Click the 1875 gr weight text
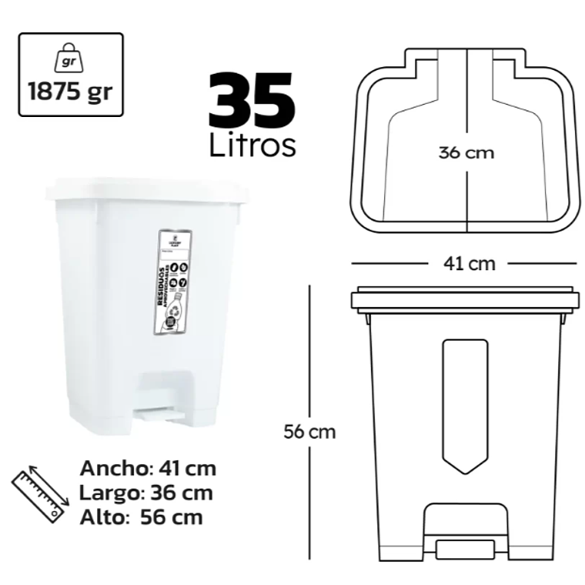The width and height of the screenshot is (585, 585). [70, 90]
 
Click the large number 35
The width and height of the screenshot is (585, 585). [251, 100]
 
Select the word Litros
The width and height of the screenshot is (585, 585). [252, 145]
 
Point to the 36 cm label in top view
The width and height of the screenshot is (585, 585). [466, 152]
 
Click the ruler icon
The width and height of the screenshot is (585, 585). [39, 492]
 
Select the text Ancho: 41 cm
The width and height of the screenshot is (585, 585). [148, 468]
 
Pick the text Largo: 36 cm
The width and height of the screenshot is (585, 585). [146, 493]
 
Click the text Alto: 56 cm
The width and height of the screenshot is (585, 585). [142, 516]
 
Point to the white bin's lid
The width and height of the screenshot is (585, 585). [148, 190]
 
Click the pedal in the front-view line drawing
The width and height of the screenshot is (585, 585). [465, 549]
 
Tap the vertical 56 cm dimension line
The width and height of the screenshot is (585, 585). [309, 346]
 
